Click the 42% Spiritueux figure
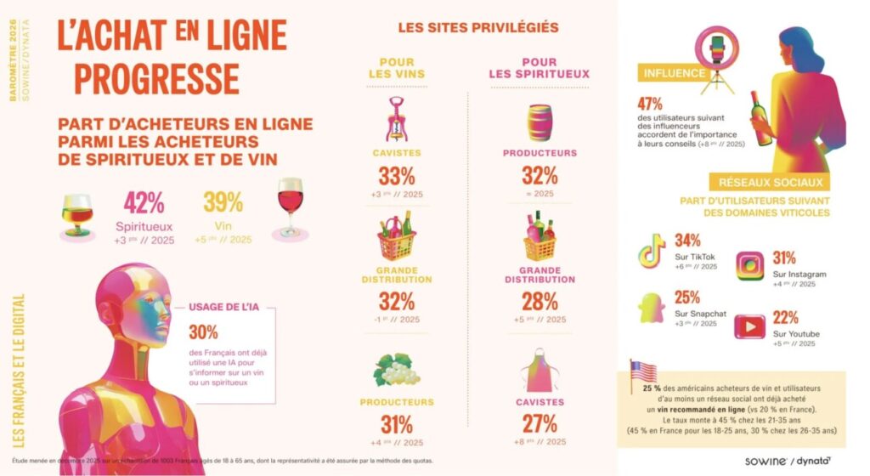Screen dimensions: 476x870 (144, 204)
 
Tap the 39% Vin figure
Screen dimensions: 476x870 (223, 203)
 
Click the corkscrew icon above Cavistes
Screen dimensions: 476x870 (397, 120)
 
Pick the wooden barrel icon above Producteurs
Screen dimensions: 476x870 (539, 122)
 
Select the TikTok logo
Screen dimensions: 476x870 (652, 250)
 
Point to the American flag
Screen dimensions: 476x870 (642, 372)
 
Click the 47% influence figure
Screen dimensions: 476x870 (650, 104)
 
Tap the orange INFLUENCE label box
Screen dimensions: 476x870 (675, 73)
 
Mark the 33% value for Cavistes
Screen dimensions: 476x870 (397, 177)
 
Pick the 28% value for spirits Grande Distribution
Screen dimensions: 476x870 (540, 301)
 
